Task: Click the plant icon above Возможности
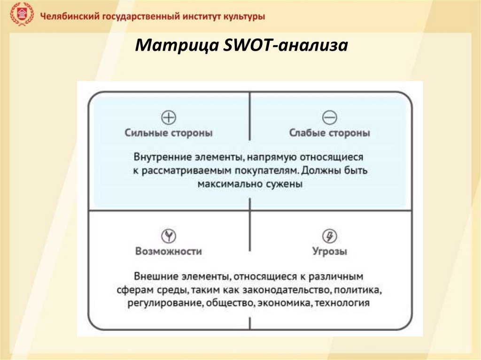click(x=168, y=235)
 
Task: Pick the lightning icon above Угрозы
click(x=330, y=235)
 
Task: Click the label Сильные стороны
click(x=169, y=133)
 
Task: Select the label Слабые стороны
click(x=330, y=133)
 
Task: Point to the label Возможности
click(x=168, y=252)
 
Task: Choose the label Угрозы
click(x=330, y=252)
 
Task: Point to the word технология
click(x=342, y=303)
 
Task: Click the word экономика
click(x=284, y=303)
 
